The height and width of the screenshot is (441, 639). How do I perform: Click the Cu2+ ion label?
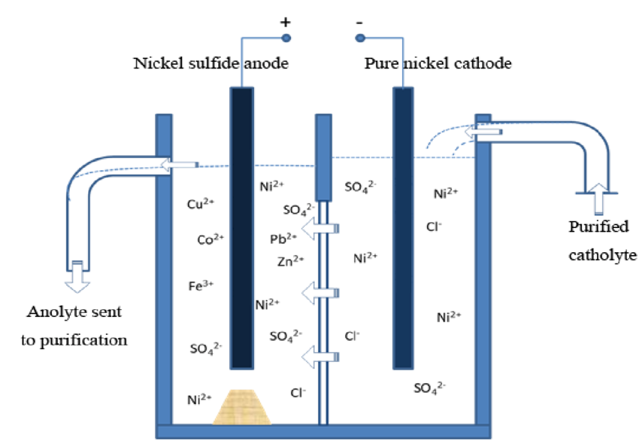(x=201, y=204)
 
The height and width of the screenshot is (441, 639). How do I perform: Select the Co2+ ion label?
(x=210, y=240)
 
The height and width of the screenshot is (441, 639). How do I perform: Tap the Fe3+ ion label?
(x=201, y=285)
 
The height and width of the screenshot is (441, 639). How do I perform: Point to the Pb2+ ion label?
(x=283, y=239)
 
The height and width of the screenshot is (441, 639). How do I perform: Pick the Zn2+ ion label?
(x=289, y=261)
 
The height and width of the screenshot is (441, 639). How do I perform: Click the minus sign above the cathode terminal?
(x=359, y=20)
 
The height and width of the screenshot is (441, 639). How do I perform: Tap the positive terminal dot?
(x=286, y=38)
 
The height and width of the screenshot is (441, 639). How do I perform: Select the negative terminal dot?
(x=360, y=38)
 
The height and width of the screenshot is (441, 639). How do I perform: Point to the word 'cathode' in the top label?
(x=484, y=63)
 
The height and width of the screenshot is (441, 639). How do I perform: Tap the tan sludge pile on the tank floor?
(x=243, y=406)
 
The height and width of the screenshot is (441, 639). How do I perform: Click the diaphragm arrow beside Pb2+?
(x=324, y=228)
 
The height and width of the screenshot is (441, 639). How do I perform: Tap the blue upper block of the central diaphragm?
(x=323, y=157)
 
